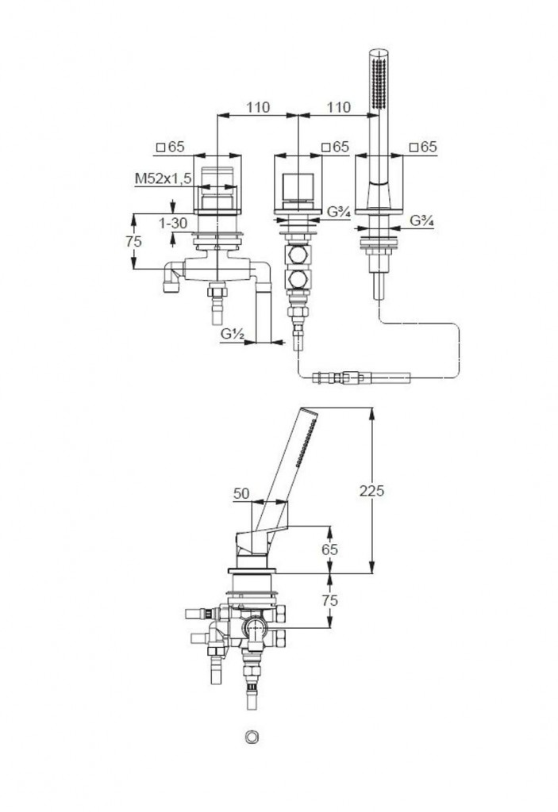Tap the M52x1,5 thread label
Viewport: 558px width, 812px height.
click(163, 180)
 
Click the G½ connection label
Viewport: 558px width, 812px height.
click(232, 335)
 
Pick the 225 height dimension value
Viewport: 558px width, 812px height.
click(372, 491)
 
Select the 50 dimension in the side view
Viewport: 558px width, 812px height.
click(241, 493)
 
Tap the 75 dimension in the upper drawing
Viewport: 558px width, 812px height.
click(133, 241)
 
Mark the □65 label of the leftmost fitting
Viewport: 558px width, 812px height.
click(170, 147)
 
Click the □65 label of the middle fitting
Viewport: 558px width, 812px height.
click(336, 147)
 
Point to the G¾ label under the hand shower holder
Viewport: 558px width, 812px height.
click(421, 221)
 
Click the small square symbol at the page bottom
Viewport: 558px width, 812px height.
click(252, 737)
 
